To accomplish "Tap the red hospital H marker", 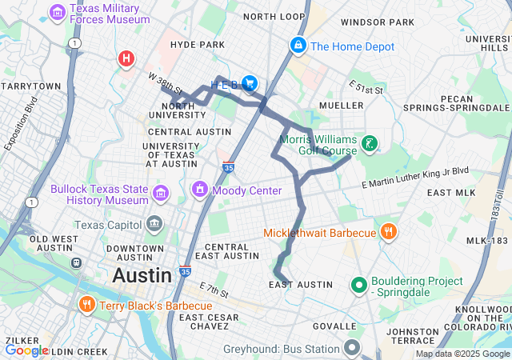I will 126,58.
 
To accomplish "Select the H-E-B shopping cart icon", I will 250,82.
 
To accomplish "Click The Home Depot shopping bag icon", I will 298,46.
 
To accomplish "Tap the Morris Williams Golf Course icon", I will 369,144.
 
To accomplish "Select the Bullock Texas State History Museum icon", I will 161,193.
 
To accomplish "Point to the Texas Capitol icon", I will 154,222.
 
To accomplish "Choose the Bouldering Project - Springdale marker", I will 358,284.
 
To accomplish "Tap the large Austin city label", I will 142,276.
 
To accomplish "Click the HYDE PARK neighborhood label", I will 198,45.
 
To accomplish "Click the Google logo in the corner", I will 26,350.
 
